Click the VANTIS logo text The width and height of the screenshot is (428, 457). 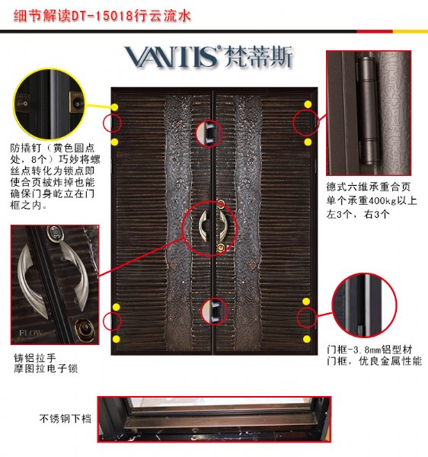coord(172,57)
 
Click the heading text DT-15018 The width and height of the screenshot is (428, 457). coord(102,15)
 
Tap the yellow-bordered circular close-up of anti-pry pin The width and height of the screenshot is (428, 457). coord(50,104)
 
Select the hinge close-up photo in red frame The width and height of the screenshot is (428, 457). coord(369,113)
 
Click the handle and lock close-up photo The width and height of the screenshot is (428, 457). coord(55,285)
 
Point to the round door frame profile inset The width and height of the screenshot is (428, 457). coord(365,305)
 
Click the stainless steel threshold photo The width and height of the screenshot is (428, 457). coord(214,419)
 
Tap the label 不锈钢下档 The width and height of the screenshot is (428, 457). coord(65,418)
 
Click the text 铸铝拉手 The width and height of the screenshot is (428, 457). coord(35,358)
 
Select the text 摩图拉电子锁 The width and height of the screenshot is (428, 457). coord(46,369)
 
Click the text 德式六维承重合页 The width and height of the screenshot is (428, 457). coord(369,187)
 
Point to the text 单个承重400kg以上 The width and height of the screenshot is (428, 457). coord(372,200)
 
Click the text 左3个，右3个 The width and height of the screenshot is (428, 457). coord(358,214)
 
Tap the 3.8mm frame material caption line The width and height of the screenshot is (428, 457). coord(369,349)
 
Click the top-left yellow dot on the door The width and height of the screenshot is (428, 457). coord(114,107)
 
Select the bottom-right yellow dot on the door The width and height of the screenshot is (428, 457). coord(306,339)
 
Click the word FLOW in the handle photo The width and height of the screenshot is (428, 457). coord(30,333)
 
